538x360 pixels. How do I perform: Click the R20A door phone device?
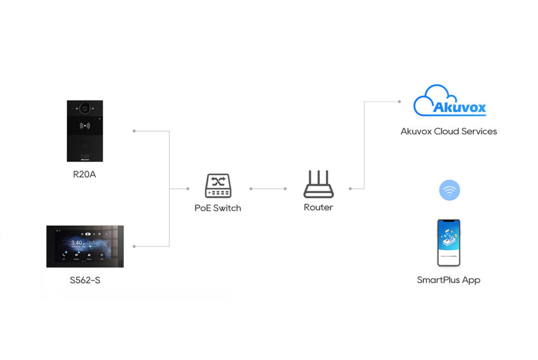(85, 131)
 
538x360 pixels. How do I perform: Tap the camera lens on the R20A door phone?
(84, 109)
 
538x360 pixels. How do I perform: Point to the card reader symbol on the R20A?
(84, 126)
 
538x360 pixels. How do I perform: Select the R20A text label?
(85, 174)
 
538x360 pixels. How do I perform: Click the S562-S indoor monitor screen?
(85, 246)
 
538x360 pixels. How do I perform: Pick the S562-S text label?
(85, 280)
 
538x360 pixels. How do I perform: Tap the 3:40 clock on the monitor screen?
(76, 243)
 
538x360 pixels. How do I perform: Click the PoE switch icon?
(218, 186)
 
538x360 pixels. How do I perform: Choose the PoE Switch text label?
(218, 208)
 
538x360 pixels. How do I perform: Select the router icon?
(318, 184)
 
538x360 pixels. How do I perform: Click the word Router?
(318, 208)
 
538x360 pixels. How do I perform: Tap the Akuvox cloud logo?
(449, 101)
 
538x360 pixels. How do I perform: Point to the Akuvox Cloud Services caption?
(449, 131)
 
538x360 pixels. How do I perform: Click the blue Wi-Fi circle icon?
(449, 190)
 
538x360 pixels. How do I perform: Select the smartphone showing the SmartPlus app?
(449, 243)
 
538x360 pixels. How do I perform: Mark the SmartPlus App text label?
(449, 280)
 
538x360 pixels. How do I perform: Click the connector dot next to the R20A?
(134, 131)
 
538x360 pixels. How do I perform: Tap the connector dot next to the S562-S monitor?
(134, 246)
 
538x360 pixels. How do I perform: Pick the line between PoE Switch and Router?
(268, 188)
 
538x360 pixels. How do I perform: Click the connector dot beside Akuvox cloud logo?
(399, 102)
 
